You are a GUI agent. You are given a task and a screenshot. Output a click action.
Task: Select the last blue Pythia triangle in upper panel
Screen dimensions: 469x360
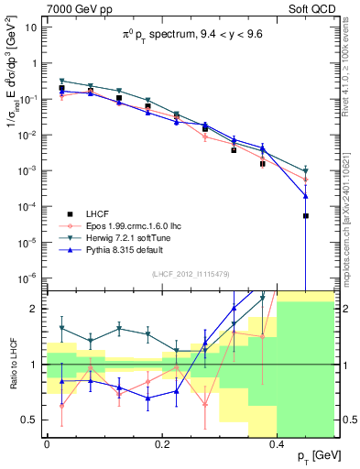tap(306, 196)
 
